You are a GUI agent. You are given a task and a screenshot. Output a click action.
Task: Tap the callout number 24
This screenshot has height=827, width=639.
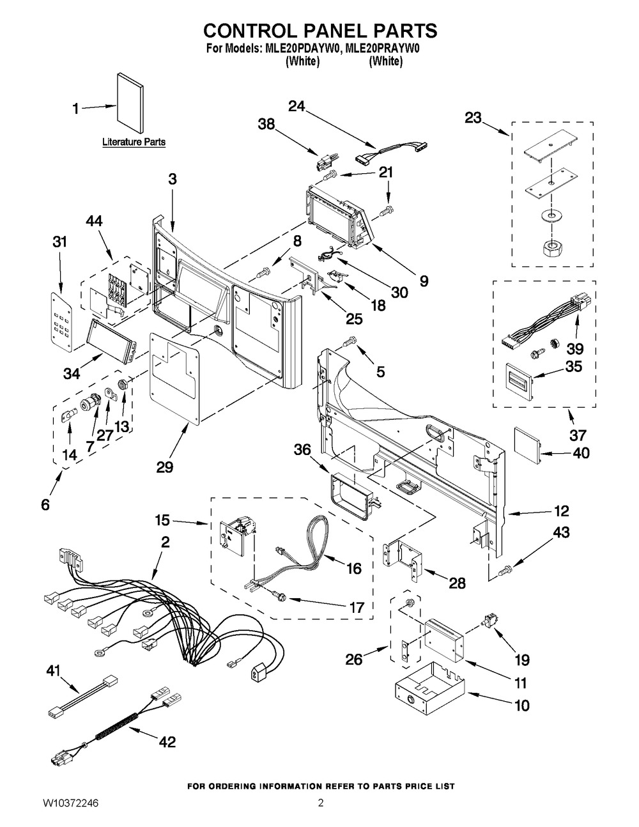point(296,106)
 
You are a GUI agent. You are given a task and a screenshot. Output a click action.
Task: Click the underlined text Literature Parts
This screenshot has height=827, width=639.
point(134,142)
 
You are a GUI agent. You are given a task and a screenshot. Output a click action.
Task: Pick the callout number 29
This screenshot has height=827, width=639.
point(165,467)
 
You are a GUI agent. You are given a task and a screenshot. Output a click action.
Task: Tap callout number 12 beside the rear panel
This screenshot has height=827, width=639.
point(562,511)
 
